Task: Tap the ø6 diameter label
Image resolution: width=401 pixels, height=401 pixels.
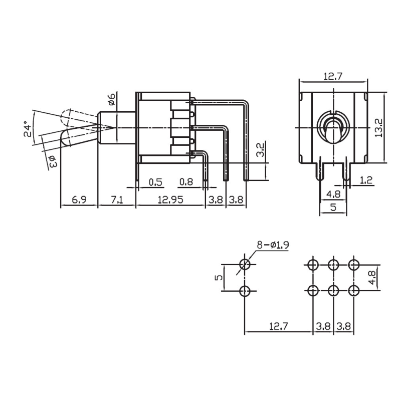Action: pos(112,99)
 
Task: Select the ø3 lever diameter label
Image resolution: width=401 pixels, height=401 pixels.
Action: pos(52,161)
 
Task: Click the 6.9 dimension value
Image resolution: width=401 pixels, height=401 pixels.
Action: pos(79,199)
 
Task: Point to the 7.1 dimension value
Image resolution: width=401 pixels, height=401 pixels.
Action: pos(117,199)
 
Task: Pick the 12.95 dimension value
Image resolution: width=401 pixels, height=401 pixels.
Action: pos(170,199)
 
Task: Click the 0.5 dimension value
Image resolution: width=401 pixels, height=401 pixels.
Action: pos(155,182)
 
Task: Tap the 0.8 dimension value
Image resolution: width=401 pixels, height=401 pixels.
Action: pos(186,182)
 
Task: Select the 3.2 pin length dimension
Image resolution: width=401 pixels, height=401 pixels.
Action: pos(260,150)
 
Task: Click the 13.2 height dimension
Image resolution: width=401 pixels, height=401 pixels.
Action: pos(378,127)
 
